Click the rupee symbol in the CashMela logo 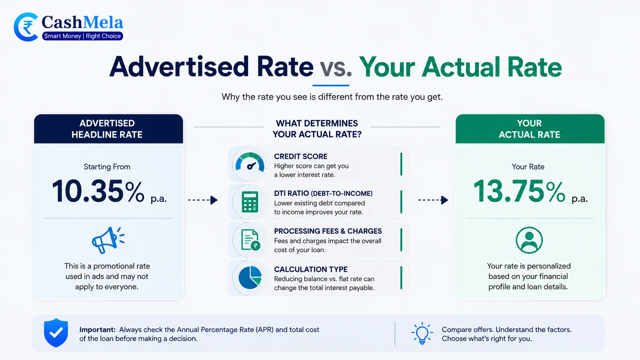(x=28, y=28)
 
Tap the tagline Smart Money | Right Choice (x=82, y=36)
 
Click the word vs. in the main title (x=335, y=67)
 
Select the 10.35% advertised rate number (x=98, y=191)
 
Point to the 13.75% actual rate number (x=519, y=191)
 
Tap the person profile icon (x=529, y=240)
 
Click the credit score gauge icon (x=250, y=162)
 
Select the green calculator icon (x=250, y=202)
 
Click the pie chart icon (x=250, y=277)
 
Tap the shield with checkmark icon (x=56, y=333)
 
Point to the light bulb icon (x=422, y=333)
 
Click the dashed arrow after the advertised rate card (x=203, y=200)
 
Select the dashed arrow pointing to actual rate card (x=433, y=200)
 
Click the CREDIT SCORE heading (x=300, y=156)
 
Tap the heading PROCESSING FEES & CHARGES (x=328, y=231)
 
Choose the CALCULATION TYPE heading (x=311, y=269)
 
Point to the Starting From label (x=107, y=167)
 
